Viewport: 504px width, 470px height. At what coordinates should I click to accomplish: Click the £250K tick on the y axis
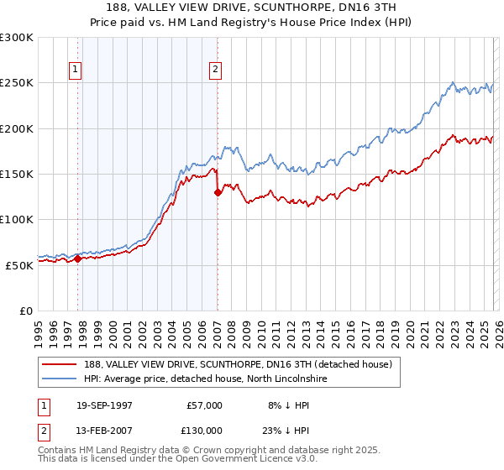pyautogui.click(x=17, y=83)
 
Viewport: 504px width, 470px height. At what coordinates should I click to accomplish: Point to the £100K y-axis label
pyautogui.click(x=17, y=219)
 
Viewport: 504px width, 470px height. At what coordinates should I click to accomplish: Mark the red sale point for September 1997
pyautogui.click(x=78, y=258)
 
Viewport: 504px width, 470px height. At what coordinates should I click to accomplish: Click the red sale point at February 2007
pyautogui.click(x=218, y=192)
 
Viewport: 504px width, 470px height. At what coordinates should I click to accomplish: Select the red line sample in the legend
pyautogui.click(x=60, y=364)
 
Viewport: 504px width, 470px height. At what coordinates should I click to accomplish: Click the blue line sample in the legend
pyautogui.click(x=60, y=379)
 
